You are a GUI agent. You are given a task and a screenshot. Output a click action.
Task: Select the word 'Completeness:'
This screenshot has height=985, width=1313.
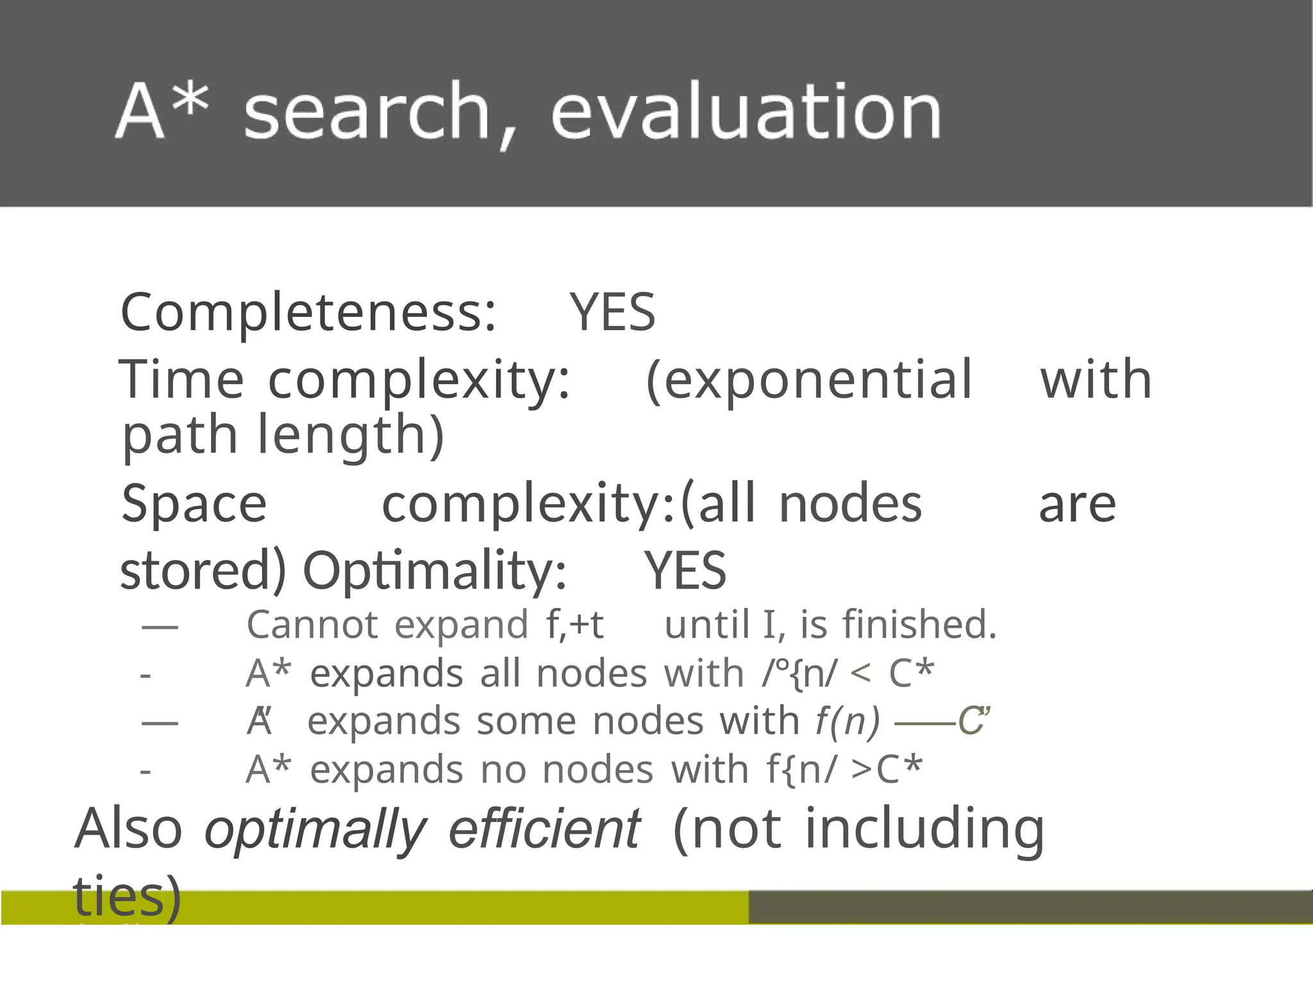click(x=308, y=312)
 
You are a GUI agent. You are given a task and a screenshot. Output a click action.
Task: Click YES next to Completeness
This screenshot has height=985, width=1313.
click(x=613, y=312)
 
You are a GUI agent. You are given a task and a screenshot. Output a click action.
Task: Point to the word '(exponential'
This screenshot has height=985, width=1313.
click(x=809, y=380)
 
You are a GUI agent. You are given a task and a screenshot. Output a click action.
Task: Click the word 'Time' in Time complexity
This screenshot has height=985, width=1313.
click(x=181, y=380)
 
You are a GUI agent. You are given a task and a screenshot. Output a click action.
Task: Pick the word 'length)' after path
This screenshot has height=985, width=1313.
click(x=351, y=435)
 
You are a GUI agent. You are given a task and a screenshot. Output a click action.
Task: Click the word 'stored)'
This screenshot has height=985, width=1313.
click(x=203, y=570)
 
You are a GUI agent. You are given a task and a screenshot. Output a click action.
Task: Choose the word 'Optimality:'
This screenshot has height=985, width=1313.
click(x=435, y=570)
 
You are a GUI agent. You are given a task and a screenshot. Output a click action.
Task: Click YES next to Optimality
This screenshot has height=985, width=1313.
click(x=685, y=570)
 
